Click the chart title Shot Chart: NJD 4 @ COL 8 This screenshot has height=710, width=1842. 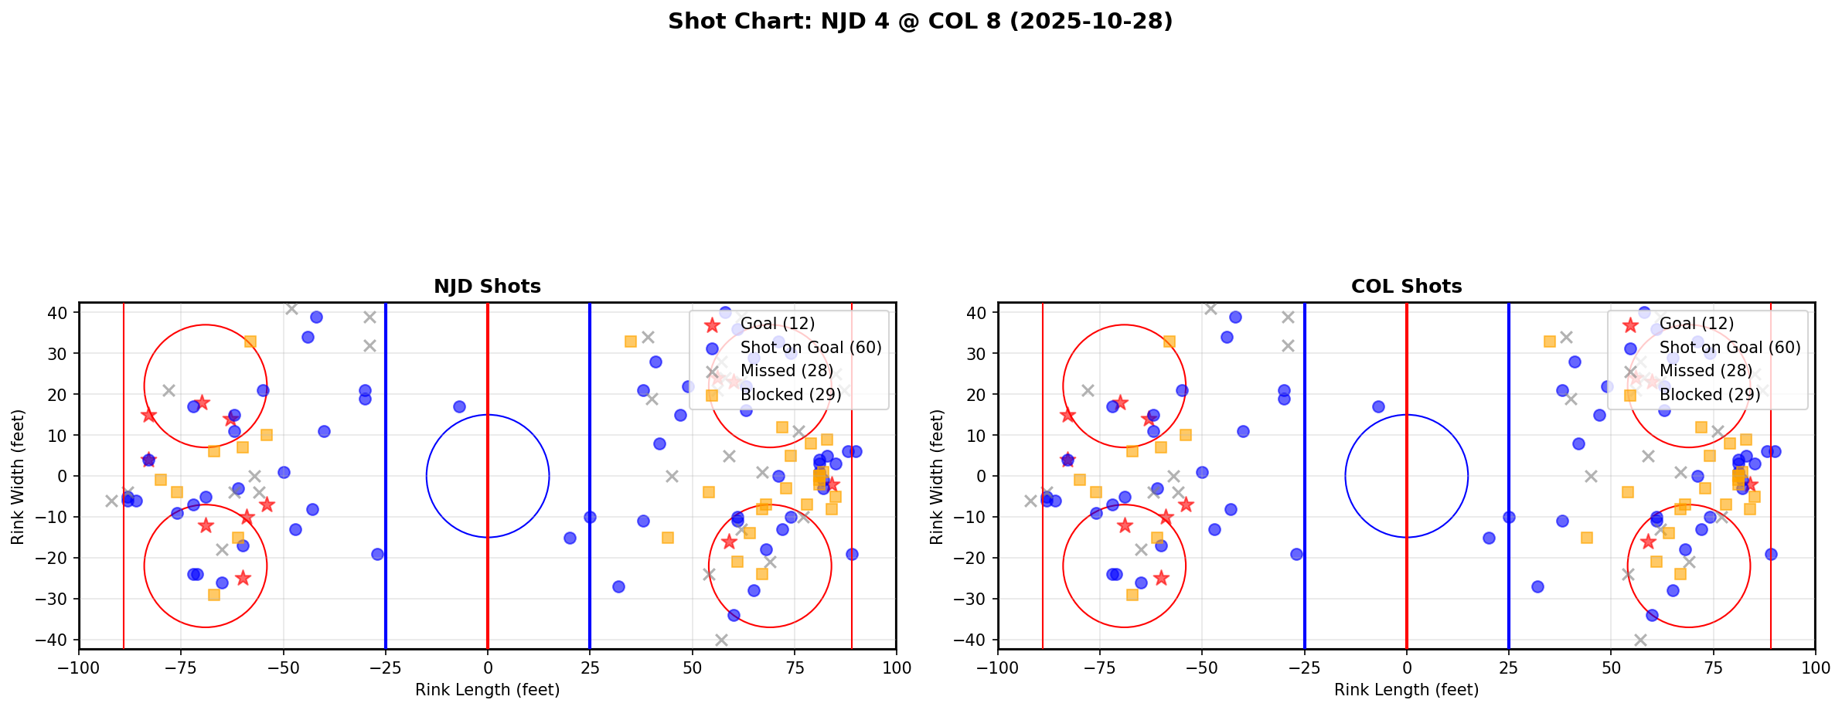pyautogui.click(x=920, y=22)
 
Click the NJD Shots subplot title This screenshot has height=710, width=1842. pyautogui.click(x=487, y=287)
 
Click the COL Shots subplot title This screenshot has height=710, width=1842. pyautogui.click(x=1406, y=287)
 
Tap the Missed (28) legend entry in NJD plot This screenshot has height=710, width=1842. pyautogui.click(x=778, y=371)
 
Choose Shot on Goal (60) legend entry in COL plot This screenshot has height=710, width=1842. pyautogui.click(x=1730, y=348)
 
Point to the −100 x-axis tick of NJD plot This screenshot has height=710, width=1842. pyautogui.click(x=79, y=667)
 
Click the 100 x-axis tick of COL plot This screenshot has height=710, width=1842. pyautogui.click(x=1814, y=667)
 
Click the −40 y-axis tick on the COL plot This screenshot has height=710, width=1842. pyautogui.click(x=975, y=640)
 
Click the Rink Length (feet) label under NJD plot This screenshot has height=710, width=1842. pyautogui.click(x=487, y=690)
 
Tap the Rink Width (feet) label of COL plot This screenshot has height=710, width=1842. pyautogui.click(x=937, y=476)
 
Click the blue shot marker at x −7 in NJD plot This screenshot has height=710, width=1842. pyautogui.click(x=459, y=406)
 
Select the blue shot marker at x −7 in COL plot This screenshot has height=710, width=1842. pyautogui.click(x=1378, y=406)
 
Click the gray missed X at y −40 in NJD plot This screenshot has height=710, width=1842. pyautogui.click(x=721, y=640)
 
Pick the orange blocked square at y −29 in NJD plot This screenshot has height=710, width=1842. pyautogui.click(x=214, y=595)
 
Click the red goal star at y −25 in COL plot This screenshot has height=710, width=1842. pyautogui.click(x=1161, y=578)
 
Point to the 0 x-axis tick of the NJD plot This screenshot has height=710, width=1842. pyautogui.click(x=487, y=667)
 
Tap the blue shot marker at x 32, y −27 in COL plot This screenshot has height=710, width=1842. pyautogui.click(x=1537, y=586)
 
